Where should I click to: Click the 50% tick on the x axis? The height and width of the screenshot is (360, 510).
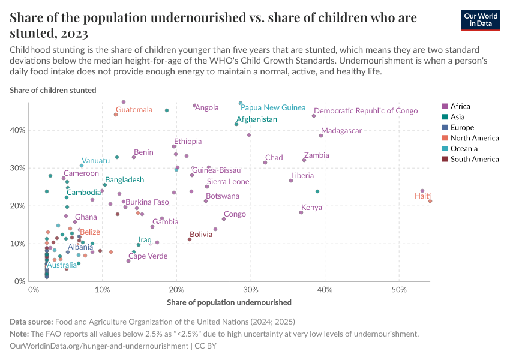coord(399,290)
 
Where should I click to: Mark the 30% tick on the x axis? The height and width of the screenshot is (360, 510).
coord(251,290)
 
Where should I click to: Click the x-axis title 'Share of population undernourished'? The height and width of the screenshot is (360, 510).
coord(229,302)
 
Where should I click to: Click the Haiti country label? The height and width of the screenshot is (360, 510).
coord(422,196)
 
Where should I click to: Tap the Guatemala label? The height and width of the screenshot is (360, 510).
coord(134,110)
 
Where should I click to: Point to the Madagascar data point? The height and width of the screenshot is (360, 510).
coord(321,136)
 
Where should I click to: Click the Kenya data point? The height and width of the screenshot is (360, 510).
coord(301,212)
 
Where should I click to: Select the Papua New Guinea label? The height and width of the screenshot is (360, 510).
coord(273,107)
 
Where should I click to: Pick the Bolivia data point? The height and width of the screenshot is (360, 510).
coord(190,239)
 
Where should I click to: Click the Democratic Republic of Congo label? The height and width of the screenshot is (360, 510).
coord(365,111)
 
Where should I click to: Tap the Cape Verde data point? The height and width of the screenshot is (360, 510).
coord(128,261)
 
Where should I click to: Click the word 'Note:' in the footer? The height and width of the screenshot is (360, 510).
coord(20,334)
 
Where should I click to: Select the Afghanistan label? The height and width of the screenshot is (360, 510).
coord(257,119)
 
